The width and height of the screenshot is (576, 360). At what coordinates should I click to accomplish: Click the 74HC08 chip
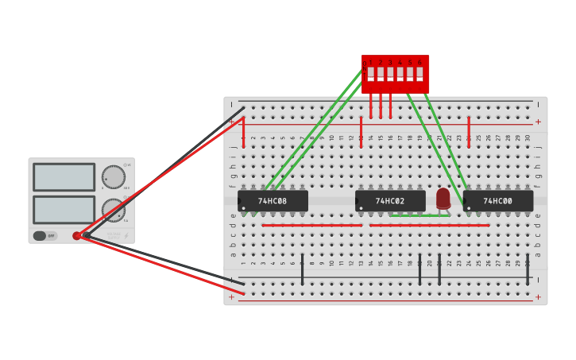[x=273, y=201]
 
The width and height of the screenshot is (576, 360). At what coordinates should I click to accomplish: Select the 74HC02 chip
[x=390, y=201]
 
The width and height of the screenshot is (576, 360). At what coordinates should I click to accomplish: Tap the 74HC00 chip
[x=498, y=201]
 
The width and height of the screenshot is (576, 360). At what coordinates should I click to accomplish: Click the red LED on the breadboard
[x=443, y=198]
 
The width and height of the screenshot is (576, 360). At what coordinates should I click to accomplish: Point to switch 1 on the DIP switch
[x=370, y=74]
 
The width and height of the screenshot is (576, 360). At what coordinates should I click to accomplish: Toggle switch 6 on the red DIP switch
[x=419, y=74]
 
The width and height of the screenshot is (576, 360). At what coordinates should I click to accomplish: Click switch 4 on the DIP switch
[x=400, y=74]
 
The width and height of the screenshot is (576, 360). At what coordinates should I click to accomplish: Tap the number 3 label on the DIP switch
[x=390, y=62]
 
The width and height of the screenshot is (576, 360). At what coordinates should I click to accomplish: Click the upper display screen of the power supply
[x=64, y=177]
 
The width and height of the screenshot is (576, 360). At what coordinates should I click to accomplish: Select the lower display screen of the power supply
[x=64, y=210]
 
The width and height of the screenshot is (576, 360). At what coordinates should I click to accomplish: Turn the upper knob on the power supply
[x=114, y=176]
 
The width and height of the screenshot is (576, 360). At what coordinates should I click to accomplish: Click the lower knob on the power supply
[x=114, y=210]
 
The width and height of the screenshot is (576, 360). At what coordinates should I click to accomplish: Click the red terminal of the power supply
[x=77, y=235]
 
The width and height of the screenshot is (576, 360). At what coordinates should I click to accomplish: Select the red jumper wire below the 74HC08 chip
[x=311, y=225]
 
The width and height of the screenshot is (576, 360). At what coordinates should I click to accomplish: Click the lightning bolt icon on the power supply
[x=126, y=235]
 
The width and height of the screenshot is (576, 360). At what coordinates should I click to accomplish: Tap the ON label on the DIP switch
[x=365, y=63]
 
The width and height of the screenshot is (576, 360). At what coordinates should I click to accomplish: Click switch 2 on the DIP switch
[x=381, y=74]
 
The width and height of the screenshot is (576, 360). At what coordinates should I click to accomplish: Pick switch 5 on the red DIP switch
[x=410, y=74]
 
